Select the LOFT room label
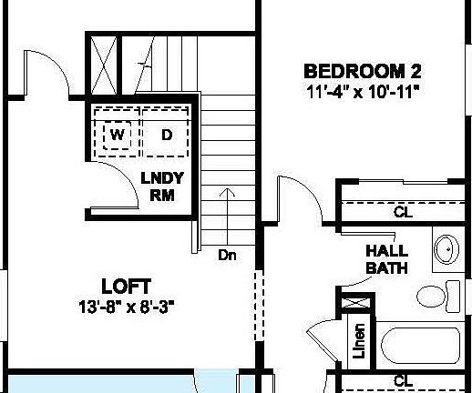tap(126, 286)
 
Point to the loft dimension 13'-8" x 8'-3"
tap(126, 307)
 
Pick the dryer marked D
tap(167, 136)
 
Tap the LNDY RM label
tap(161, 187)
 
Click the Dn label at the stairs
tap(227, 255)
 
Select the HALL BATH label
tap(386, 259)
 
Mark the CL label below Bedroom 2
tap(402, 212)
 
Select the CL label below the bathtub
tap(402, 381)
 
